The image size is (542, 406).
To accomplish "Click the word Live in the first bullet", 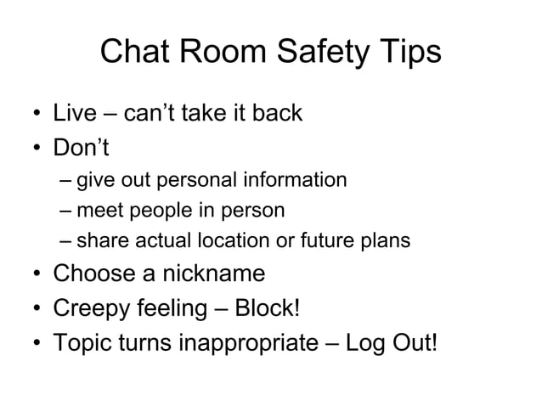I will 75,113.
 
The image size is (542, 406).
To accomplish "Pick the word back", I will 277,113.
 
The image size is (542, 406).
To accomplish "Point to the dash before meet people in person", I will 66,211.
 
